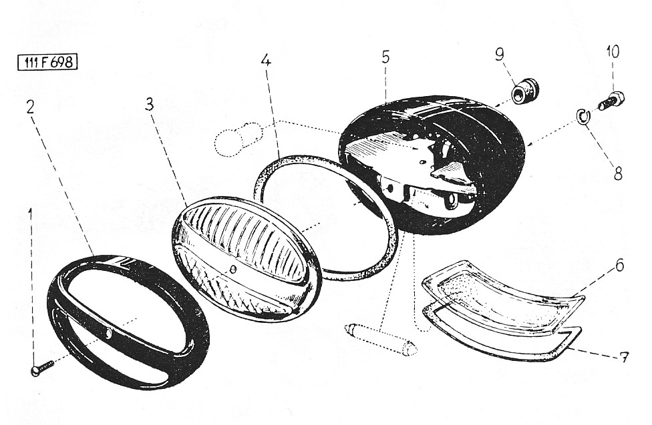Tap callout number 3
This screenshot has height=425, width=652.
[149, 104]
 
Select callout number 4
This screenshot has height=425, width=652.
[267, 61]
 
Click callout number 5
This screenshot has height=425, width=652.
[386, 57]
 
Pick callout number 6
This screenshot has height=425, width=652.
[619, 265]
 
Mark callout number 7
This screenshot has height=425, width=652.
[623, 357]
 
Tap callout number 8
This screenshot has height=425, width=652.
[619, 173]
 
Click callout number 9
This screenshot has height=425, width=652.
[500, 55]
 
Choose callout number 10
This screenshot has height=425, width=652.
[613, 52]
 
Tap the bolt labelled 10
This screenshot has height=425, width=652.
[611, 101]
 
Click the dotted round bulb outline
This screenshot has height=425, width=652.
[238, 138]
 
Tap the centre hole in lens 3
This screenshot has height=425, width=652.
[234, 269]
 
